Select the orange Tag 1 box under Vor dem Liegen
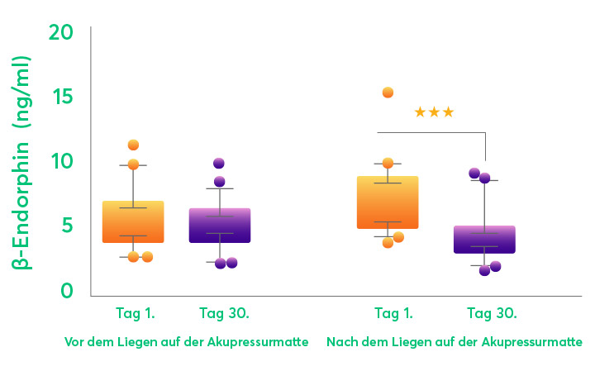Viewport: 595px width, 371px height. point(133,221)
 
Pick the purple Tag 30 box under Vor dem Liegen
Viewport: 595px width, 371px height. point(219,225)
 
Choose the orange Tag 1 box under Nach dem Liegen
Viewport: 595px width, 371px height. point(387,202)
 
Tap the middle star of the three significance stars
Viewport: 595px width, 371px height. point(434,112)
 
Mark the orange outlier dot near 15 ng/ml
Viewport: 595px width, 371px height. point(388,93)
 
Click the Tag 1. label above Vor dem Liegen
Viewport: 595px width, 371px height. point(134,313)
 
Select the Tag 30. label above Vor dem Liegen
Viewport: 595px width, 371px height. point(224,313)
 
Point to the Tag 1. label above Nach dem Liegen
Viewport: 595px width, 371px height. point(395,313)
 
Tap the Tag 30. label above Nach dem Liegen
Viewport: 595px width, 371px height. point(492,313)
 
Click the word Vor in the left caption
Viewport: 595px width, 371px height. point(74,341)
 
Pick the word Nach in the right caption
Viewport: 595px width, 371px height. point(340,341)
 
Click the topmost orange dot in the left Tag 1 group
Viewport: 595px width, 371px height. point(133,145)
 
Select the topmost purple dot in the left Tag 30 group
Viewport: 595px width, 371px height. point(219,164)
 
